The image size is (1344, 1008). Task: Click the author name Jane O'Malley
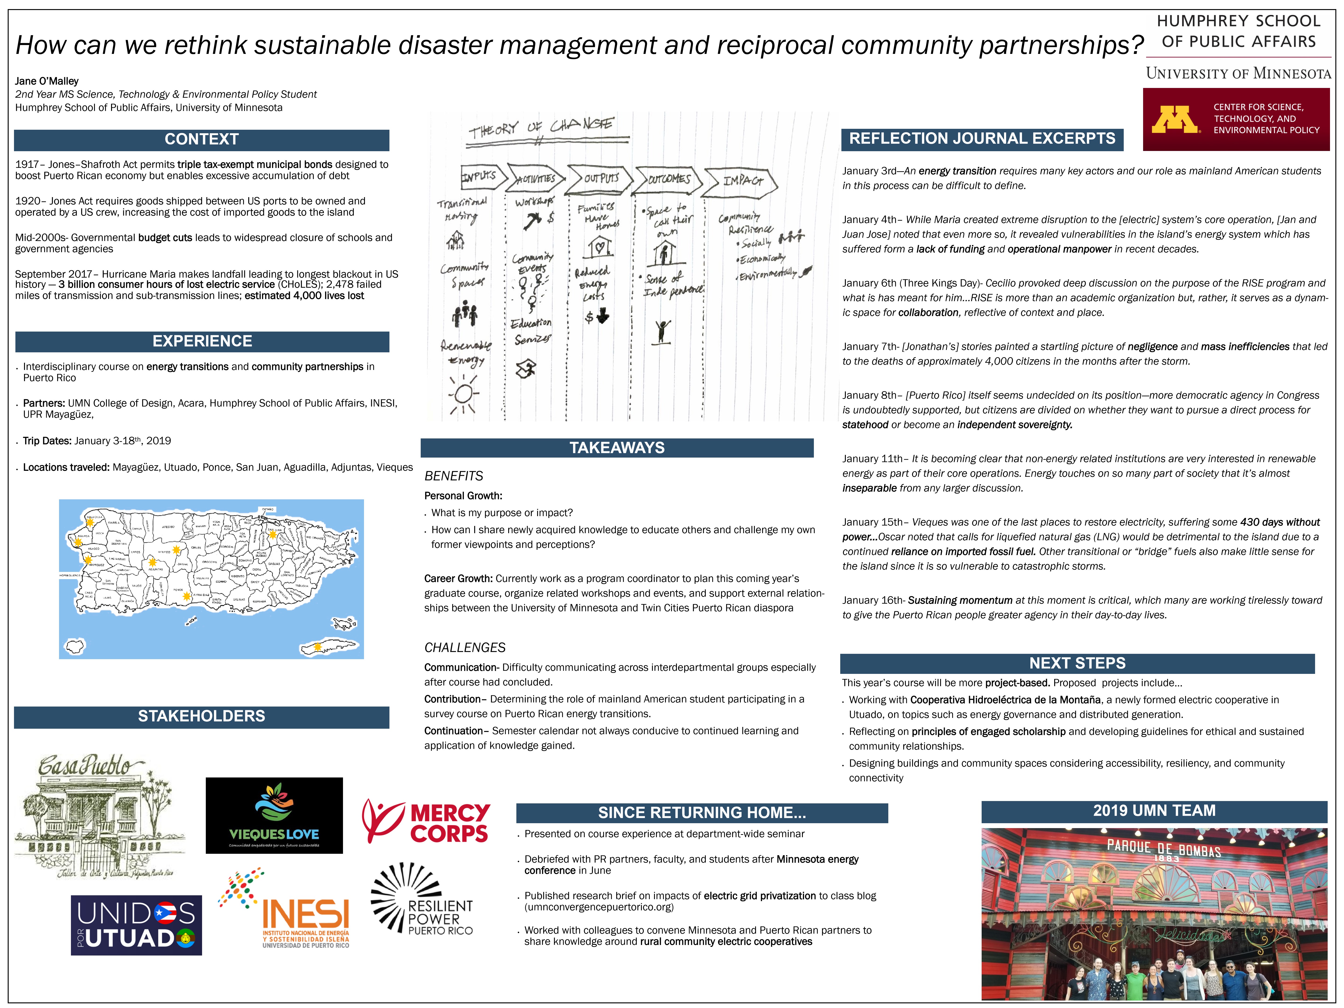click(x=47, y=81)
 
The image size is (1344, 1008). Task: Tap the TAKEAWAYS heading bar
click(x=617, y=448)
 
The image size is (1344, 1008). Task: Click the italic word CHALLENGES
click(x=465, y=648)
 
